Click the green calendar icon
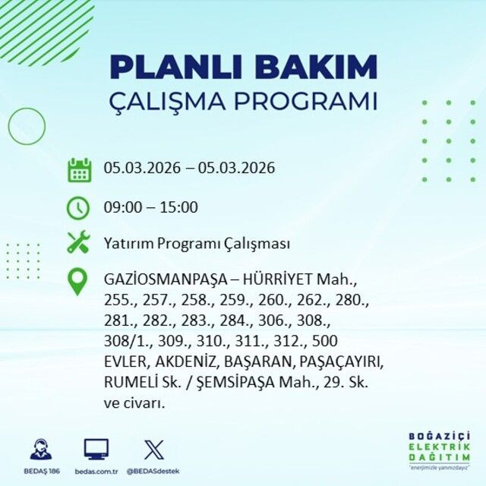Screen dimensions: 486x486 [79, 169]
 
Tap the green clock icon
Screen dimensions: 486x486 [79, 207]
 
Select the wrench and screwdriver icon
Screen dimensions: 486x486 [79, 243]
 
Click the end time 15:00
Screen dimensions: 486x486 [180, 207]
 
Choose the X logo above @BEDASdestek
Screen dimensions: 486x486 [153, 449]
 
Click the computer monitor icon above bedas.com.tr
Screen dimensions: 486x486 [96, 449]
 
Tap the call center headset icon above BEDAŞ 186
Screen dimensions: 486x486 [41, 449]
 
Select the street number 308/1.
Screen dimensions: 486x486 [125, 341]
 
